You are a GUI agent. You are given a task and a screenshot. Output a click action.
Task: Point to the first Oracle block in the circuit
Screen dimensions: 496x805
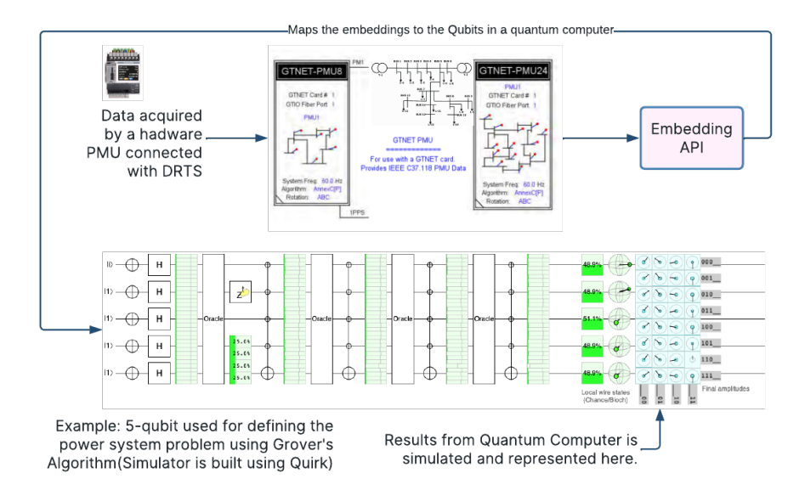[213, 318]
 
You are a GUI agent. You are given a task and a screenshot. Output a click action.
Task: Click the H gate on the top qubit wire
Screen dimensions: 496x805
[160, 264]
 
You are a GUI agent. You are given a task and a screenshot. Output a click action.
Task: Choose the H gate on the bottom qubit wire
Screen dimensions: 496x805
[160, 373]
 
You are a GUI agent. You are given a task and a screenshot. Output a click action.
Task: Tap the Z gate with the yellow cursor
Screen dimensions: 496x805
[241, 292]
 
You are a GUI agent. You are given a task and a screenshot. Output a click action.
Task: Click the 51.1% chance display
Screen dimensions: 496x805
[592, 319]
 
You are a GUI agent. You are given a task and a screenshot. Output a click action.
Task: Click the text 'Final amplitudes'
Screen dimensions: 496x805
[725, 388]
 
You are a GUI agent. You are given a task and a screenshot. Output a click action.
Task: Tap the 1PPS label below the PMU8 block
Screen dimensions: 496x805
[358, 212]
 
